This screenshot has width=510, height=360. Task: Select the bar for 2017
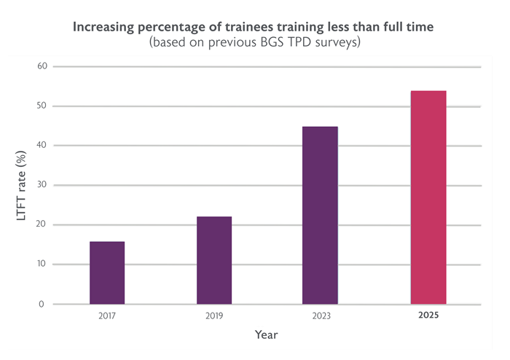(107, 273)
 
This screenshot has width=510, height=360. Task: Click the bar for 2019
(214, 260)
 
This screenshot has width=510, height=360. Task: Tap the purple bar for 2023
(320, 215)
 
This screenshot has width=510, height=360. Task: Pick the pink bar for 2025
(428, 197)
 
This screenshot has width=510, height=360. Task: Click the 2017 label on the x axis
(107, 316)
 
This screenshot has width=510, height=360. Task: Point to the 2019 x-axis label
(214, 316)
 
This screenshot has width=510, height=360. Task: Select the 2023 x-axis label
(321, 316)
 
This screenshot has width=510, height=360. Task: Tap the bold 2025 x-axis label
(428, 315)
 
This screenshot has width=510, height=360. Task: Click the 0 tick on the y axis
(42, 304)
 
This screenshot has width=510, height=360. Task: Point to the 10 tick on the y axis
(42, 264)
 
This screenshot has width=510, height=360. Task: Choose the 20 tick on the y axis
(41, 224)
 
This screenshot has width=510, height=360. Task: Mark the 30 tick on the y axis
(42, 184)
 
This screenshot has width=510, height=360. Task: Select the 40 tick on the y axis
(42, 145)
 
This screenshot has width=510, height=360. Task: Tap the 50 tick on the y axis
(42, 106)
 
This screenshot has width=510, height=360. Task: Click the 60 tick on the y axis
(42, 66)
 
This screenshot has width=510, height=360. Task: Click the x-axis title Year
(267, 334)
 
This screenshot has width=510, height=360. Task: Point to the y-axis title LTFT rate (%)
(21, 185)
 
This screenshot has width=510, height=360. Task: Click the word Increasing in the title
(103, 27)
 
